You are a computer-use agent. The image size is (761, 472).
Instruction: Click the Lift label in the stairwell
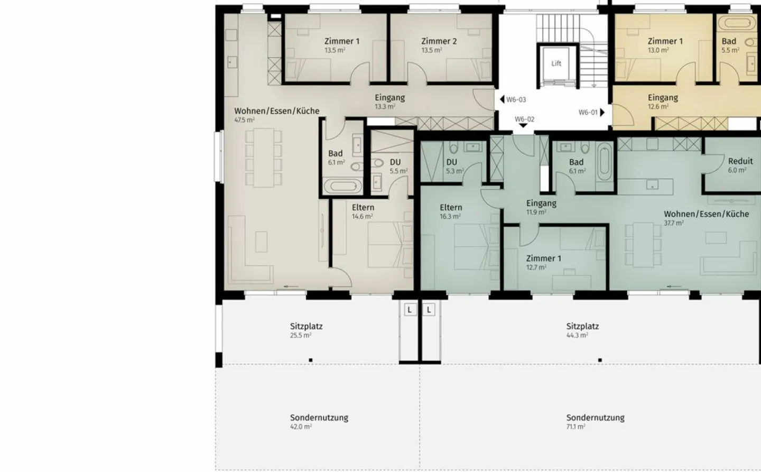pos(556,63)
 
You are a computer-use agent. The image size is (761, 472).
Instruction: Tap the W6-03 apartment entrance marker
pos(513,99)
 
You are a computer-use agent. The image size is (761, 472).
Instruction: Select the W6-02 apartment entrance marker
pos(524,122)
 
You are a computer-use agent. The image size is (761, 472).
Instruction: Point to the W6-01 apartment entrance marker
pos(591,112)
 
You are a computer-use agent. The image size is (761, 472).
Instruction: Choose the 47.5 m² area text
pos(244,120)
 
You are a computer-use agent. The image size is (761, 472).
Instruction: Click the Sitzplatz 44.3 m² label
pos(582,330)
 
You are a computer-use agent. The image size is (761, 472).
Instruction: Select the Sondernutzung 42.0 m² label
pos(319,422)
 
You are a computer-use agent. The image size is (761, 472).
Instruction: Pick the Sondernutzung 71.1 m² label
pos(595,422)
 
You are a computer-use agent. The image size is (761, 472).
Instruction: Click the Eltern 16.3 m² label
pos(451,211)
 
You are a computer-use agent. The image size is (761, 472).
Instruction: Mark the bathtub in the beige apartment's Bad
pos(343,186)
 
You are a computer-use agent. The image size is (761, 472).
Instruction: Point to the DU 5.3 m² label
pos(454,166)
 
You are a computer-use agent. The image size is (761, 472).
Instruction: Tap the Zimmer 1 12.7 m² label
pos(544,262)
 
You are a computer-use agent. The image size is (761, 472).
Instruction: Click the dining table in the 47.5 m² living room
pos(264,158)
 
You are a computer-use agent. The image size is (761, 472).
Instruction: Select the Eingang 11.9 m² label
pos(541,207)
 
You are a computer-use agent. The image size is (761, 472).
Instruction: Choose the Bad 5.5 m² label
pos(730,45)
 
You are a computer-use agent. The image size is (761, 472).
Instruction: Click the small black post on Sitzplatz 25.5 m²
pos(311,360)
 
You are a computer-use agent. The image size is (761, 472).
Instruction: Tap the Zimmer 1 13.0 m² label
pos(665,45)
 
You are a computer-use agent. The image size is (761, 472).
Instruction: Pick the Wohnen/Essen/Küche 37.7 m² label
pos(706,218)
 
